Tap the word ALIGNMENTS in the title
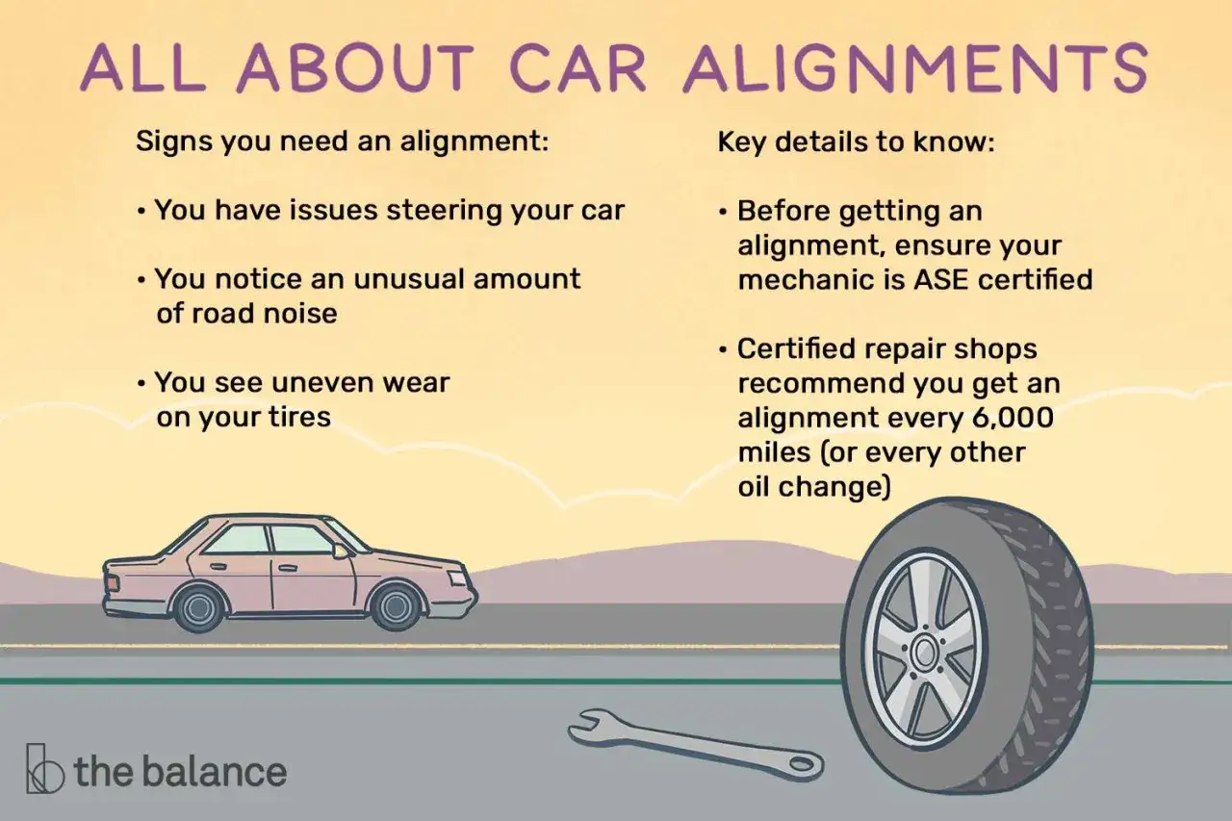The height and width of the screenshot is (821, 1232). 914,67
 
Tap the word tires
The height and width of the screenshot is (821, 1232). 299,416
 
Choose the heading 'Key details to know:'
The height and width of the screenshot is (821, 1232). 856,142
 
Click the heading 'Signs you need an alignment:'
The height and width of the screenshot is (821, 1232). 342,141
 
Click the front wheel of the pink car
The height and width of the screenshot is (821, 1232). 396,606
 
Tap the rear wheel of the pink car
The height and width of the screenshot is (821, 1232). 198,608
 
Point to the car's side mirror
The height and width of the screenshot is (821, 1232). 340,551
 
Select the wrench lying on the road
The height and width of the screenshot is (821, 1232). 696,743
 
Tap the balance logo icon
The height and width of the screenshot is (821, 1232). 44,769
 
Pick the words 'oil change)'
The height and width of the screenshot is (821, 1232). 814,487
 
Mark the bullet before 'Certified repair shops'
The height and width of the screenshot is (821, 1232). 723,349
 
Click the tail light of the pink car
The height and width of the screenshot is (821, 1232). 112,582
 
